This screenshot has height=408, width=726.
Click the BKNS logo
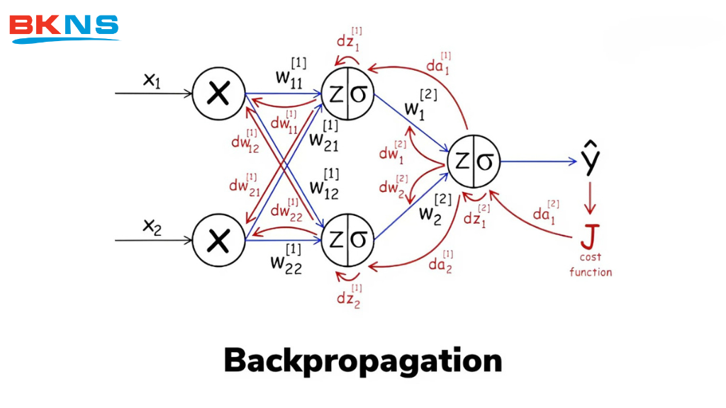(63, 27)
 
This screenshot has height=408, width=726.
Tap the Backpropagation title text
(362, 361)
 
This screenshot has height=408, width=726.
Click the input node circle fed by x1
(218, 94)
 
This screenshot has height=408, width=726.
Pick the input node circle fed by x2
(218, 241)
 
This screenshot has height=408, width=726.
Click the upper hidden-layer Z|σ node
(348, 94)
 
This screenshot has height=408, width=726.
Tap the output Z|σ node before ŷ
(474, 161)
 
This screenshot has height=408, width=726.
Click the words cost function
(590, 265)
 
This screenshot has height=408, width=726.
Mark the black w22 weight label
(286, 259)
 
